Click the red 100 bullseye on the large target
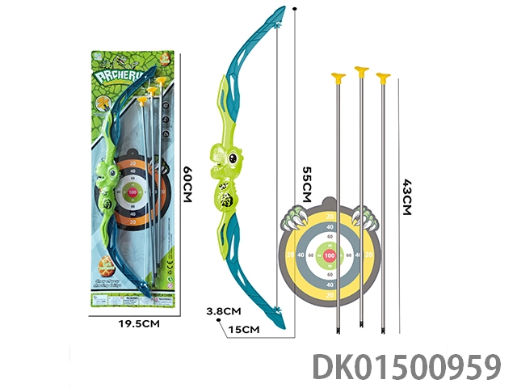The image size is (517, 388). point(329,256)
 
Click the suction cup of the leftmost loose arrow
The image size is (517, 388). point(338,78)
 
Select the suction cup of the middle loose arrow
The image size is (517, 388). point(359,74)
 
